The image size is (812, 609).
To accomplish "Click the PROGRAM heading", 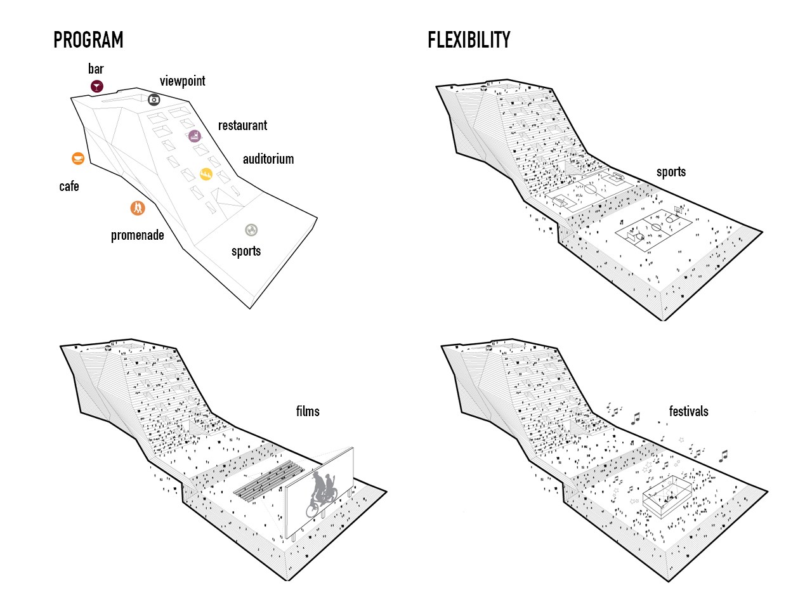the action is coord(88,39).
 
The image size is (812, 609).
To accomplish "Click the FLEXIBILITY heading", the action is coord(469,40).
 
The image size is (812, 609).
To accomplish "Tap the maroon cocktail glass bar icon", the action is coord(97,86).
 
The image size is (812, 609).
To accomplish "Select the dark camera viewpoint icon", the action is coord(154,100).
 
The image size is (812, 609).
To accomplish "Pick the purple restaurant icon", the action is coord(195,136).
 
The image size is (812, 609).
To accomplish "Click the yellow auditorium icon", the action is coord(206,174).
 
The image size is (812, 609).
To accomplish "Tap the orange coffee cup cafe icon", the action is coord(77,158).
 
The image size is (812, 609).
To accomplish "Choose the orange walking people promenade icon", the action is coord(138,208).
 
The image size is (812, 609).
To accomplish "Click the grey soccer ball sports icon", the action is coord(251,230).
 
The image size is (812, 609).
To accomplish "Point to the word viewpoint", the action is coord(182,81).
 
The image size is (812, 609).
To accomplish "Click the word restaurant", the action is coord(242,126).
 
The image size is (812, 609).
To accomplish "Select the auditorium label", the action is coord(268,159).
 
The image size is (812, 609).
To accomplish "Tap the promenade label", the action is coord(137,235).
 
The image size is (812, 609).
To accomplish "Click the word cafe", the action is coord(69,186).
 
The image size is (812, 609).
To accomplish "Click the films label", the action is coord(308,411).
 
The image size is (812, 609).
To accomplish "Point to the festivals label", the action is coord(688,411).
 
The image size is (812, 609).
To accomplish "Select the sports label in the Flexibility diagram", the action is coord(671,172).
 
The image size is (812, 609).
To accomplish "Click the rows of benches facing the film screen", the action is coord(268,480).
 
